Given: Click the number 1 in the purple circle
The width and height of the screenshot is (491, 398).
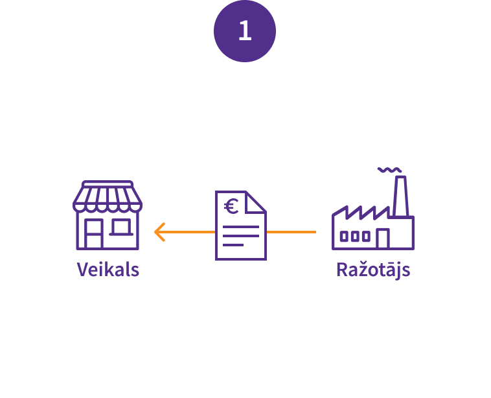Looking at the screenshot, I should (x=245, y=31).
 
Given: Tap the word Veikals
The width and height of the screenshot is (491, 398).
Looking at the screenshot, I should (x=108, y=269).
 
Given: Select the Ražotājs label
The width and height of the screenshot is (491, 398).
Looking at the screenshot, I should (x=373, y=270).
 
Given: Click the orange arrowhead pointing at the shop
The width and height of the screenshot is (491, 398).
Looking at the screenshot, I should (x=159, y=231).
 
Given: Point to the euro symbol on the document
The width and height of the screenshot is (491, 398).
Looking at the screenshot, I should (x=231, y=207).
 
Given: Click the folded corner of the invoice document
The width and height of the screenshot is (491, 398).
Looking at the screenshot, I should (x=257, y=201).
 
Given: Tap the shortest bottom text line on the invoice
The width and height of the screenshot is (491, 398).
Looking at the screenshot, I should (x=233, y=245).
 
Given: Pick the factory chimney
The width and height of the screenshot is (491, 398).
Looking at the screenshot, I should (x=400, y=194).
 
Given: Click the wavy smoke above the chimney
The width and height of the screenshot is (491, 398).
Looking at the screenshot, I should (x=389, y=170).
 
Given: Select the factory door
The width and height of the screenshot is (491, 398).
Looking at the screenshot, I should (x=382, y=239).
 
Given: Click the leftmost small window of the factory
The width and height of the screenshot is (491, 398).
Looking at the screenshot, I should (x=344, y=237).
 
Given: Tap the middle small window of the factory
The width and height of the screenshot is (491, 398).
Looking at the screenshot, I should (x=355, y=237).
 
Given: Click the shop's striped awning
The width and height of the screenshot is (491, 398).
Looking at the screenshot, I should (x=108, y=198).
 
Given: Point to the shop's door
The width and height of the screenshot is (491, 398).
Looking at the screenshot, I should (x=93, y=234).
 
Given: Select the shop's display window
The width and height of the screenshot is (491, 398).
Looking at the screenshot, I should (x=121, y=227).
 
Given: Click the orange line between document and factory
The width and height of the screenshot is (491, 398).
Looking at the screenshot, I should (x=291, y=231).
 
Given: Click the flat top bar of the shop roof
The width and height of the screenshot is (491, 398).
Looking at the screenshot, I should (x=108, y=183).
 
